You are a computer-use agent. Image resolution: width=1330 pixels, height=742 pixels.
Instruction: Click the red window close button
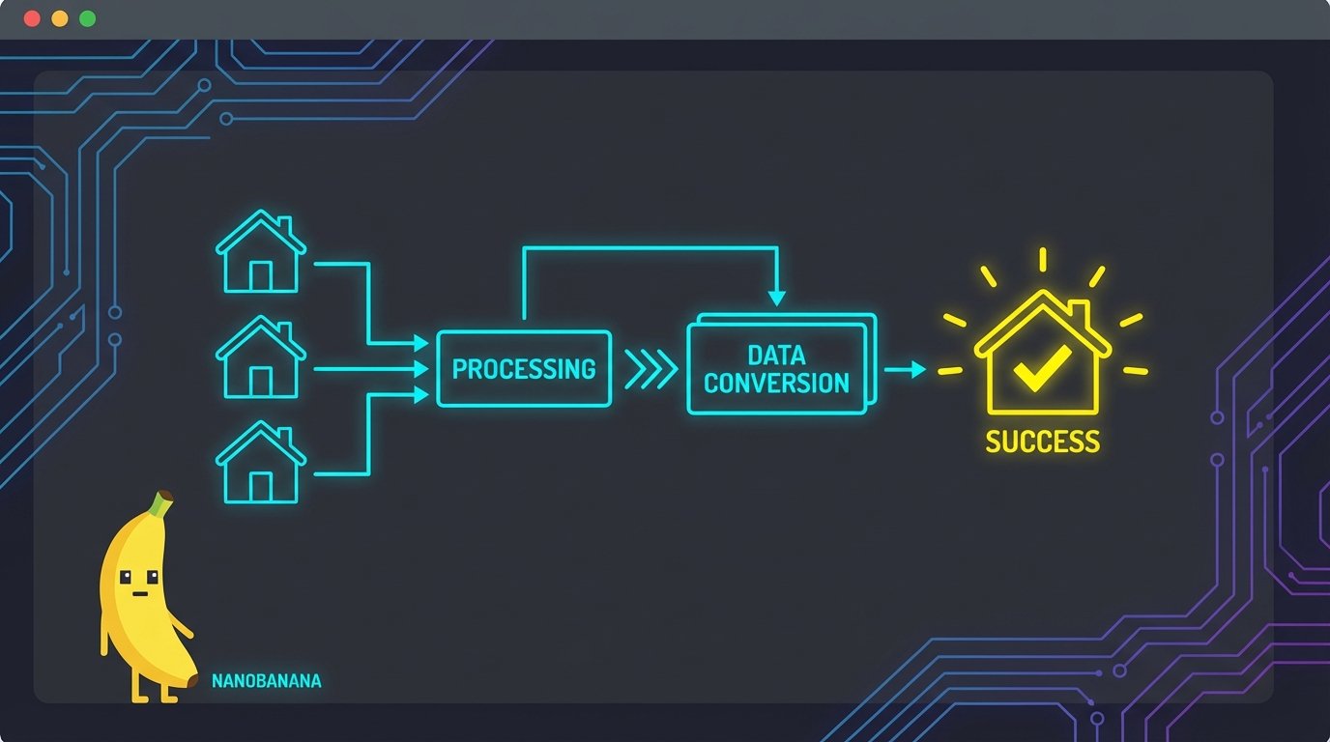point(32,18)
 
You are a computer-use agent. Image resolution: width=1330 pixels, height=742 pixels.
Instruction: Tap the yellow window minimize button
point(60,18)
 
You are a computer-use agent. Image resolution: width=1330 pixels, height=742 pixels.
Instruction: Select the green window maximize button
point(88,18)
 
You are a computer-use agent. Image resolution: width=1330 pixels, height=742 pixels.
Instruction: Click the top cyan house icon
point(260,252)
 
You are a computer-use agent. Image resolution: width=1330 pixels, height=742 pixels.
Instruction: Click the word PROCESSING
point(524,368)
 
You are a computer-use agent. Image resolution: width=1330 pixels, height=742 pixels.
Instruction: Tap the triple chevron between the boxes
point(651,369)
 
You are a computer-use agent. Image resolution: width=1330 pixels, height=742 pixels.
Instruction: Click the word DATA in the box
point(776,355)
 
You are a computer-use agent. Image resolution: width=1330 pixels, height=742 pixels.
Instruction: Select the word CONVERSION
point(776,383)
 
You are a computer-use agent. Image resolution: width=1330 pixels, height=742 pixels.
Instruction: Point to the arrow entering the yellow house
point(906,369)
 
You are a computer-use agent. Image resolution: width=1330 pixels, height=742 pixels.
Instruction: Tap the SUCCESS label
point(1042,442)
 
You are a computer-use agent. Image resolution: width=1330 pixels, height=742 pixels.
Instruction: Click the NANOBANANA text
point(266,681)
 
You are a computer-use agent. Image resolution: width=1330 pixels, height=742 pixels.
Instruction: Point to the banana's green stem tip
point(164,499)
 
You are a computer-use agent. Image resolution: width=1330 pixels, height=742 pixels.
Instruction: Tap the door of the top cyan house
point(260,276)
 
